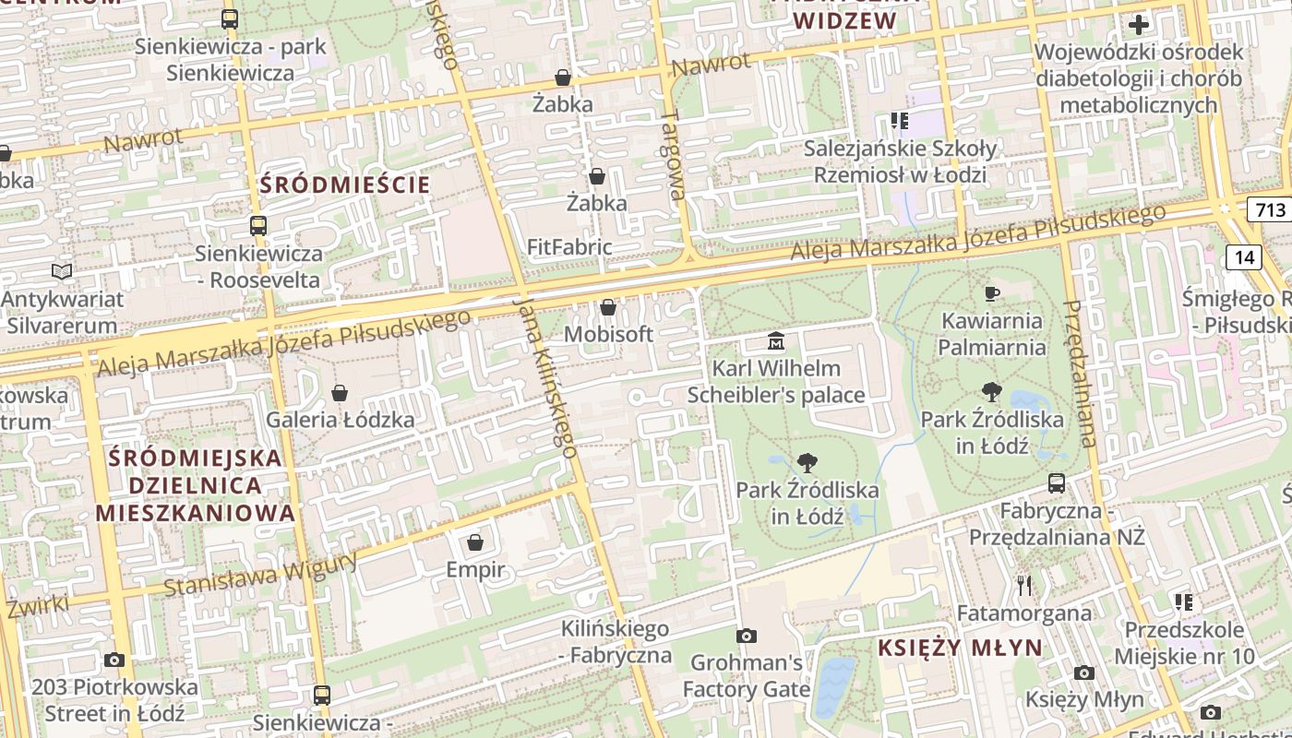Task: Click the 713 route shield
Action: pyautogui.click(x=1270, y=209)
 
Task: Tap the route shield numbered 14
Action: pyautogui.click(x=1244, y=257)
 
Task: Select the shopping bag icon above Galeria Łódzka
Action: pyautogui.click(x=340, y=393)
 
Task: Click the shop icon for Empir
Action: pyautogui.click(x=475, y=542)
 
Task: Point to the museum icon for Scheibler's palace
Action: pyautogui.click(x=776, y=342)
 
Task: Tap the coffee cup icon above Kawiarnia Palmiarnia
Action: pyautogui.click(x=992, y=294)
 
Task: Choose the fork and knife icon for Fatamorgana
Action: pyautogui.click(x=1024, y=585)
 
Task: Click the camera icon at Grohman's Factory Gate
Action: pyautogui.click(x=747, y=636)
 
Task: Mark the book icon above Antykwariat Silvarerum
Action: pyautogui.click(x=62, y=272)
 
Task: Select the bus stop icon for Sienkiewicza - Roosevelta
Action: pyautogui.click(x=258, y=225)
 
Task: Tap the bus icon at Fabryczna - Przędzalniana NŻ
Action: pyautogui.click(x=1057, y=482)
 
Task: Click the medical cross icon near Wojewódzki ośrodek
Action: pyautogui.click(x=1139, y=24)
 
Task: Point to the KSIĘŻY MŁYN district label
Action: pyautogui.click(x=960, y=648)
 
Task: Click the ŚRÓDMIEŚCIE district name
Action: pyautogui.click(x=345, y=184)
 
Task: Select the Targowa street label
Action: pyautogui.click(x=673, y=154)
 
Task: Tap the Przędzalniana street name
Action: pyautogui.click(x=1079, y=374)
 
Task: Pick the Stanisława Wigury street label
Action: pyautogui.click(x=260, y=574)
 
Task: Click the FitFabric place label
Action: pyautogui.click(x=568, y=247)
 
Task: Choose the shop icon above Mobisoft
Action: pyautogui.click(x=608, y=307)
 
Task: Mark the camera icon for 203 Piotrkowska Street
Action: pyautogui.click(x=114, y=660)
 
